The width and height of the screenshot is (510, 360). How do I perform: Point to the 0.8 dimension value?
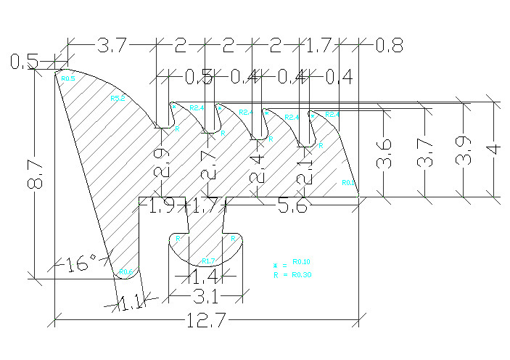pyautogui.click(x=389, y=46)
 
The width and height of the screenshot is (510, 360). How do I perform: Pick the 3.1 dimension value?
pyautogui.click(x=206, y=296)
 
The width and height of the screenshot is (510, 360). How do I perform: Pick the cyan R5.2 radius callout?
pyautogui.click(x=117, y=99)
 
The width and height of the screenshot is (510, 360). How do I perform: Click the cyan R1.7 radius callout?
pyautogui.click(x=207, y=261)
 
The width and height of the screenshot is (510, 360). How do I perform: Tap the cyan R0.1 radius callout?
pyautogui.click(x=348, y=183)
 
